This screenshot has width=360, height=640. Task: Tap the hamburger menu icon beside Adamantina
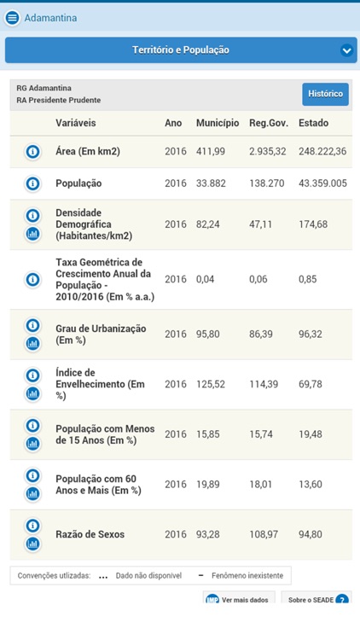pos(12,17)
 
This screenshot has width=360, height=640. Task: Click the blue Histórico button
pos(325,94)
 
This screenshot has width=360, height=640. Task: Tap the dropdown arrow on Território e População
pos(346,50)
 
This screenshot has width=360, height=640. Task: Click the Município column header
pos(217,124)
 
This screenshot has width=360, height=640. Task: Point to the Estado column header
pos(313,124)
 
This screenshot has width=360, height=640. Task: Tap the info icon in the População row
pos(32,183)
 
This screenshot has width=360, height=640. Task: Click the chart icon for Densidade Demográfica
pos(32,234)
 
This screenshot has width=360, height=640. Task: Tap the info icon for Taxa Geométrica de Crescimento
pos(32,279)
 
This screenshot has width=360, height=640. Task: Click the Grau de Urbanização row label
pos(101,335)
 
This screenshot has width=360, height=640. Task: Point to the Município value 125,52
pos(212,385)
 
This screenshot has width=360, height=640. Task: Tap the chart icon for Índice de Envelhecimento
pos(32,393)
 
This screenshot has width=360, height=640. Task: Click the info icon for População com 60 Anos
pos(32,475)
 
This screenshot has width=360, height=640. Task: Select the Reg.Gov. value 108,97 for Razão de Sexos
pos(264,534)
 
